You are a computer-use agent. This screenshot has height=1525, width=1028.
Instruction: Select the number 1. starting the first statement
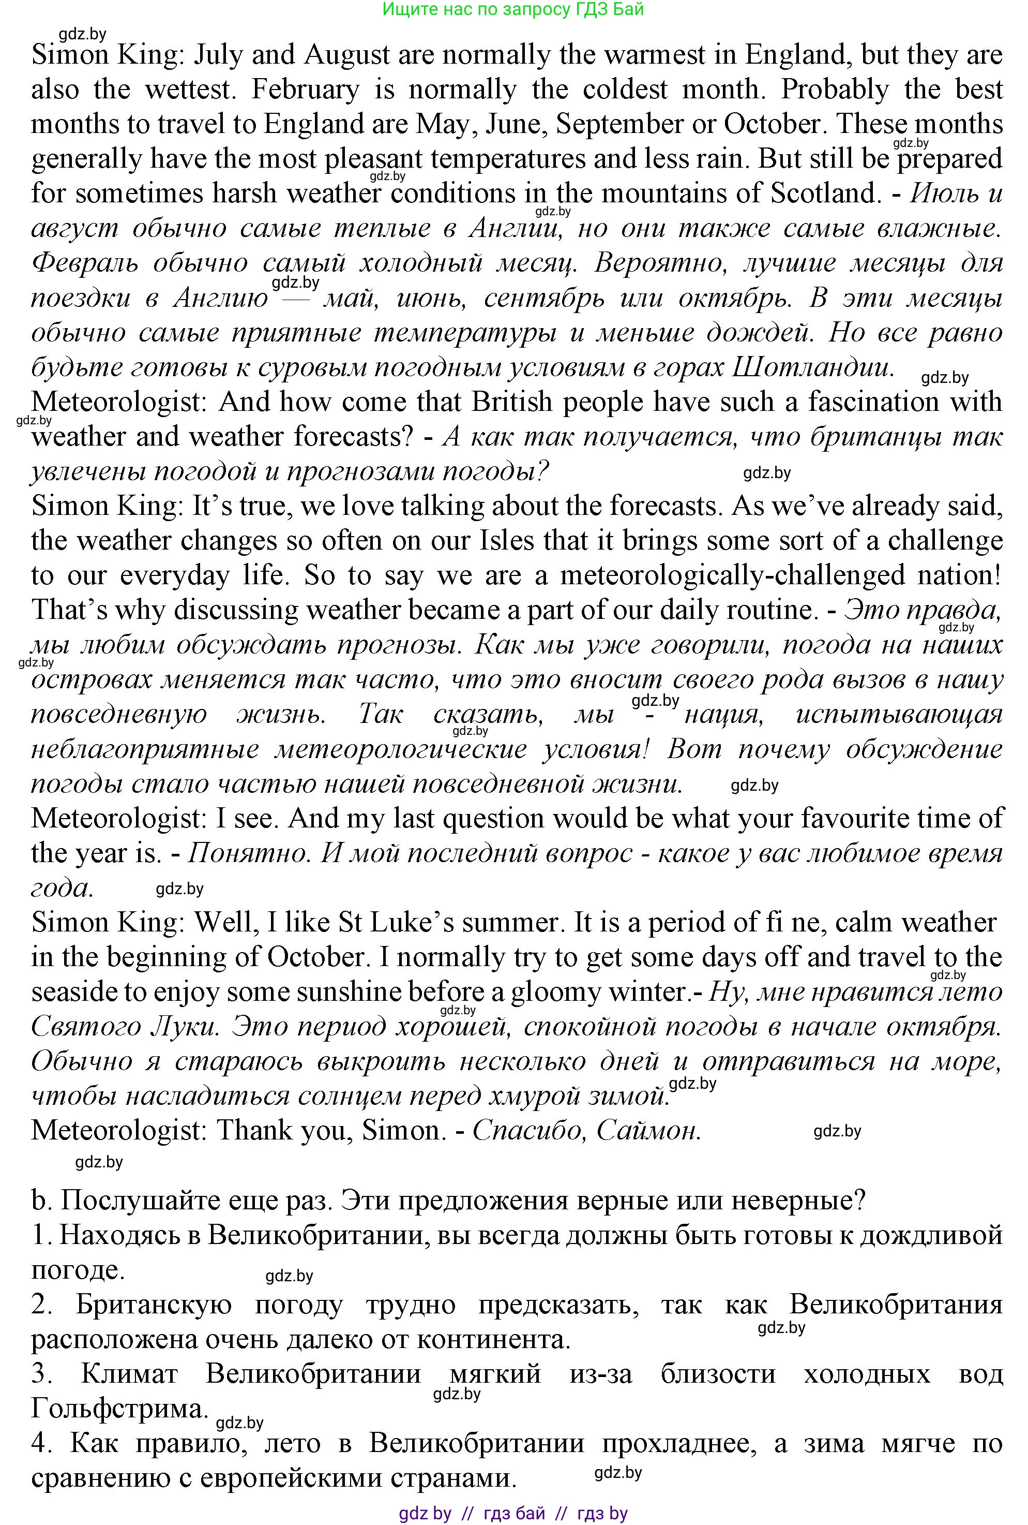pyautogui.click(x=41, y=1235)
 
